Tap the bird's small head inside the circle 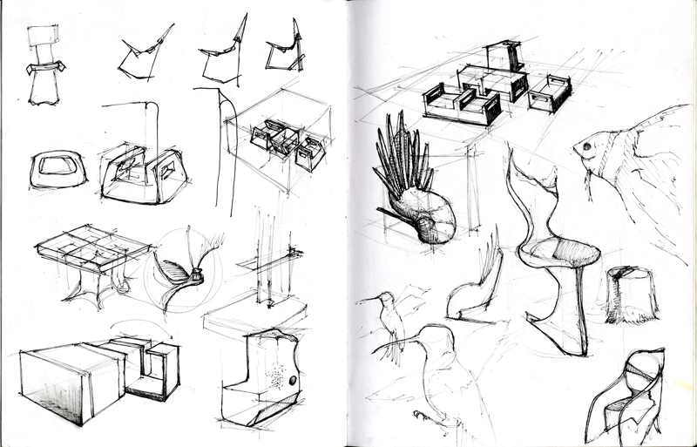tap(197, 277)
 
